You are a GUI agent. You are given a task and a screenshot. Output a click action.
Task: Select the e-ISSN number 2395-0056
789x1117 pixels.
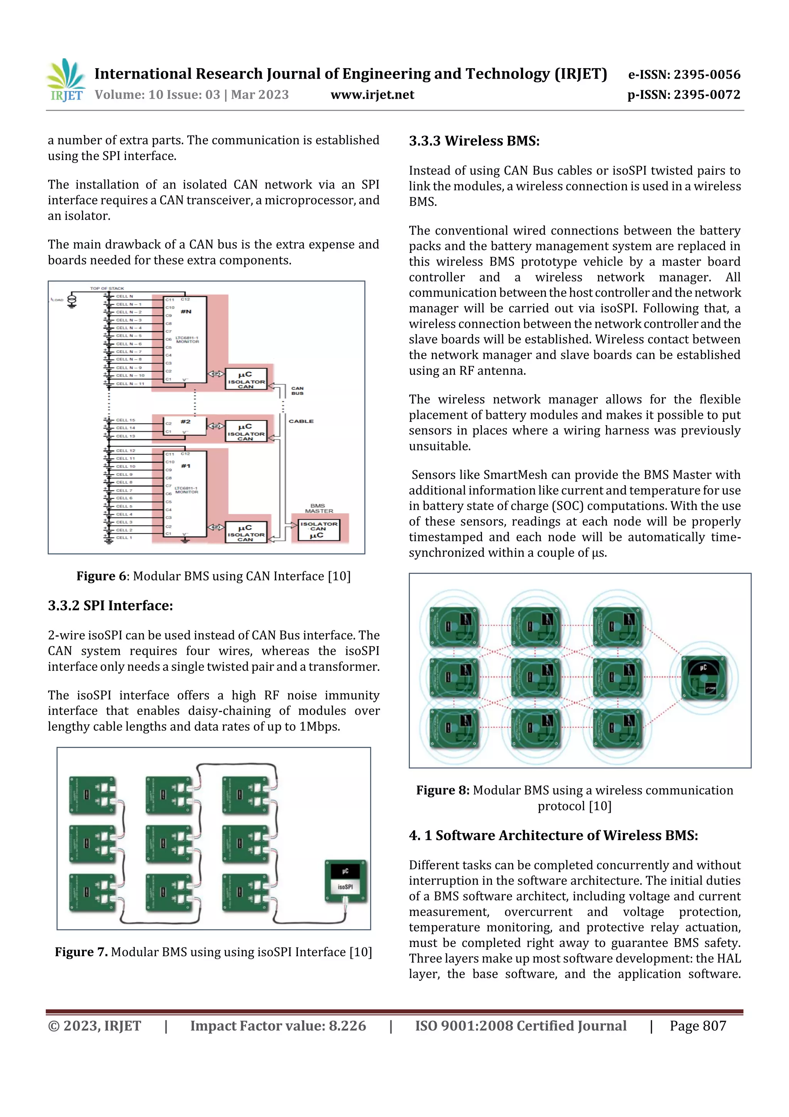click(706, 74)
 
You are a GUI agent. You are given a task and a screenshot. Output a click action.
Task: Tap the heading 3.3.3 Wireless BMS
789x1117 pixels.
click(473, 141)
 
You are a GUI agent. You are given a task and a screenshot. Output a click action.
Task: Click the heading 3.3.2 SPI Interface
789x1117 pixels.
click(110, 606)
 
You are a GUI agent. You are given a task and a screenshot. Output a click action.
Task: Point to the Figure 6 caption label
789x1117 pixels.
click(102, 576)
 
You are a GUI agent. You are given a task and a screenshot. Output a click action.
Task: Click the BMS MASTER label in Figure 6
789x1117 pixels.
click(319, 509)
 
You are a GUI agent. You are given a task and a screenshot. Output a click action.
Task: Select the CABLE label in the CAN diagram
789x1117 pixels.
click(301, 421)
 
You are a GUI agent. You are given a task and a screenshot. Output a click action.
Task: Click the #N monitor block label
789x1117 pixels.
click(186, 312)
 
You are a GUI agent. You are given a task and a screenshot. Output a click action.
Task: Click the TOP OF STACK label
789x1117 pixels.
click(107, 288)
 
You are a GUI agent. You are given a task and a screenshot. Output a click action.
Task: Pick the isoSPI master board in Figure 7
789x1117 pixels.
click(345, 881)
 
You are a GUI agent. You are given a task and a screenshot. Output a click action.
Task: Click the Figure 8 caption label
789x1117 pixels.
click(442, 790)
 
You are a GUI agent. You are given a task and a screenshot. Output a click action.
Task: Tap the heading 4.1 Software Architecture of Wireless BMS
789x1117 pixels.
click(553, 836)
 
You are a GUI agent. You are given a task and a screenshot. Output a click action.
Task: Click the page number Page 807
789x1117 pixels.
click(698, 1026)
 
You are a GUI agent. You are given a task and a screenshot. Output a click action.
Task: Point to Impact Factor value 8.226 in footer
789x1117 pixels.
click(278, 1026)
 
